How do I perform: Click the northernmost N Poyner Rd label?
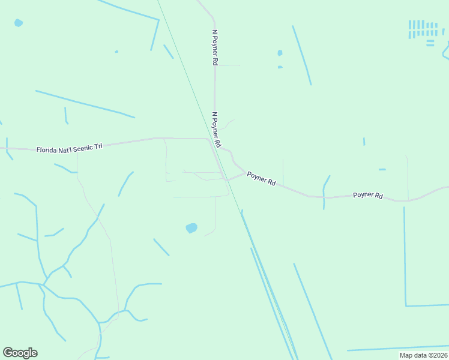(214, 47)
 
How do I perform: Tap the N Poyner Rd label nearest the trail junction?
(217, 129)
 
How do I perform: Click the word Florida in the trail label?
(47, 149)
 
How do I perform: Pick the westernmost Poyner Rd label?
(261, 178)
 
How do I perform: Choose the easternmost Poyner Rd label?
(367, 195)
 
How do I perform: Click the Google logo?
(20, 353)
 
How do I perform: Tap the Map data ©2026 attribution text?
(423, 355)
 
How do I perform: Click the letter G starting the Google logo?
(8, 353)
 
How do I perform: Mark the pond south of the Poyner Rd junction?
(191, 228)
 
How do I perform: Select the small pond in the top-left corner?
(19, 23)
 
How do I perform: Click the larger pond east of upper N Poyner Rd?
(280, 53)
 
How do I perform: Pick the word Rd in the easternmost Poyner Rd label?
(378, 195)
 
